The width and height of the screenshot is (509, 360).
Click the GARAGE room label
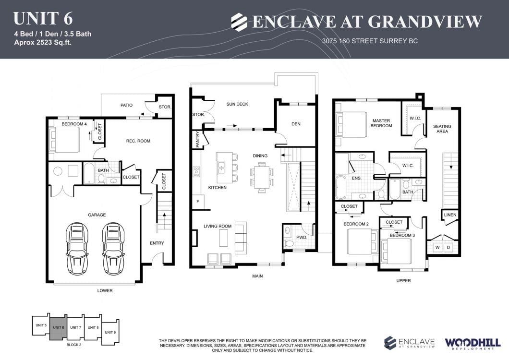coord(97,215)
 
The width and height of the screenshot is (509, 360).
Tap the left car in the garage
coord(77,248)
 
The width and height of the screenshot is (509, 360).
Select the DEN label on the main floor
coord(296,124)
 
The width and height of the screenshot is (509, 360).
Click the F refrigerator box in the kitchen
coord(198,202)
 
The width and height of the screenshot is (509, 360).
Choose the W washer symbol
coord(437,247)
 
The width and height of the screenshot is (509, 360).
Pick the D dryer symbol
coord(448,247)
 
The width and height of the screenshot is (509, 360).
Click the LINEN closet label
coord(450,215)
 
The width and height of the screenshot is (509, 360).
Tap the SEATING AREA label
coord(442,129)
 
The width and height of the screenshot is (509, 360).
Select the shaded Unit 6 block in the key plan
coord(59,327)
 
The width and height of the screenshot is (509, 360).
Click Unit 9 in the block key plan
coord(110,333)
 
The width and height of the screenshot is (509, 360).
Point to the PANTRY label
coord(198,139)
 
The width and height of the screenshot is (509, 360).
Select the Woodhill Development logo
coord(473,344)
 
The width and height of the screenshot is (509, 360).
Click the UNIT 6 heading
coord(43,19)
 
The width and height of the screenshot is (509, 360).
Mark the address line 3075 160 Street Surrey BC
coord(370,41)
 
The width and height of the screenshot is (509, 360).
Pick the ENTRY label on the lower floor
coord(157,243)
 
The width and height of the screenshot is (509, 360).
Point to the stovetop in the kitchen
coord(196,171)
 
